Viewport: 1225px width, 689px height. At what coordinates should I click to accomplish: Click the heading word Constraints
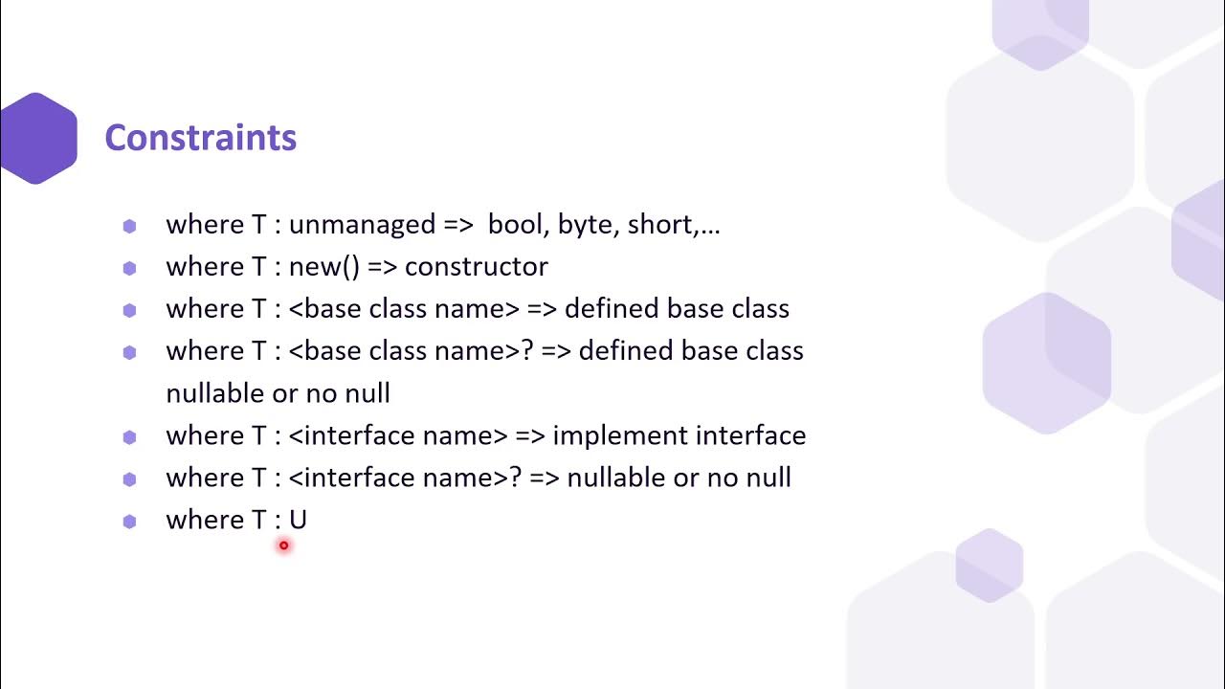pyautogui.click(x=200, y=138)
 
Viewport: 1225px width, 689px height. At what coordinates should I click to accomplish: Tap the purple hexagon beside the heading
pyautogui.click(x=38, y=138)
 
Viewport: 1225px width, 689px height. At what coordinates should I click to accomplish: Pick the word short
pyautogui.click(x=660, y=225)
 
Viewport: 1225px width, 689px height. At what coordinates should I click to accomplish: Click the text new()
pyautogui.click(x=323, y=267)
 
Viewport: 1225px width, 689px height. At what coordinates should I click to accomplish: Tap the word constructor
pyautogui.click(x=476, y=267)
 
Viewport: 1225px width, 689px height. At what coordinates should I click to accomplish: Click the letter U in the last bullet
pyautogui.click(x=298, y=520)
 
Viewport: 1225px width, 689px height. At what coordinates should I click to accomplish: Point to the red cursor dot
pyautogui.click(x=283, y=545)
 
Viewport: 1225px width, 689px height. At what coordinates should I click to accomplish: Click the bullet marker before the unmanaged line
pyautogui.click(x=130, y=226)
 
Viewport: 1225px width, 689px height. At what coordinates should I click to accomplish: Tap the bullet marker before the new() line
pyautogui.click(x=130, y=268)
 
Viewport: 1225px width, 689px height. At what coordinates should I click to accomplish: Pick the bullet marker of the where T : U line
pyautogui.click(x=130, y=521)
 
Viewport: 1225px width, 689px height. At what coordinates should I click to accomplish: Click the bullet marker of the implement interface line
pyautogui.click(x=130, y=436)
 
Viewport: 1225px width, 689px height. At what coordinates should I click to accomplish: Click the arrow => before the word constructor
pyautogui.click(x=382, y=267)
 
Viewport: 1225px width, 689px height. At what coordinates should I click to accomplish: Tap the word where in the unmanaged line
pyautogui.click(x=205, y=225)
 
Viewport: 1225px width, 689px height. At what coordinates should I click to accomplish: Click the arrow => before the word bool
pyautogui.click(x=458, y=225)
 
